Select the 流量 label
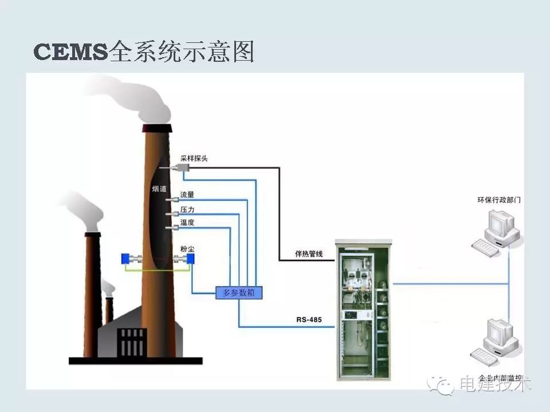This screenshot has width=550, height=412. point(187,195)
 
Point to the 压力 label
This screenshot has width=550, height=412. point(187,209)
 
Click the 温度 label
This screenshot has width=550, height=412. point(187,223)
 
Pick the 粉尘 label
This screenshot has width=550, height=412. point(187,249)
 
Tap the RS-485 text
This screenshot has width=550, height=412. point(309,320)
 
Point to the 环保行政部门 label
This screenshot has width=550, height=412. point(499,200)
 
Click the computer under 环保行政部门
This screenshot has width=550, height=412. point(496,230)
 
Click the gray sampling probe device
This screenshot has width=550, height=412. point(184,167)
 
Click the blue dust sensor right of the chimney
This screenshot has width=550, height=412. point(190,259)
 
